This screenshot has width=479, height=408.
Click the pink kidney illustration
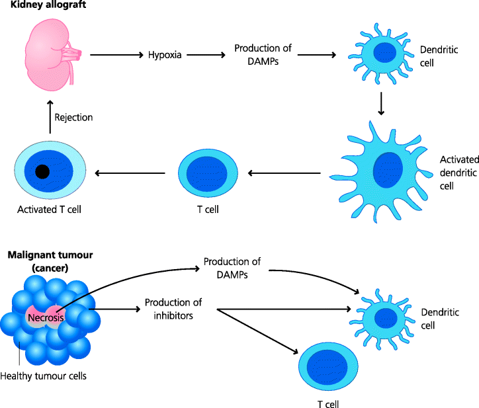(x=50, y=54)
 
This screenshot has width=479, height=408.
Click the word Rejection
(x=73, y=118)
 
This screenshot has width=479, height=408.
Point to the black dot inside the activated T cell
(x=42, y=172)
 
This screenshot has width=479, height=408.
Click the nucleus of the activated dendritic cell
(x=387, y=170)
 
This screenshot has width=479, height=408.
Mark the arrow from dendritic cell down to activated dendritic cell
(x=381, y=103)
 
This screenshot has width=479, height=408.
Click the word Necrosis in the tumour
(x=44, y=318)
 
